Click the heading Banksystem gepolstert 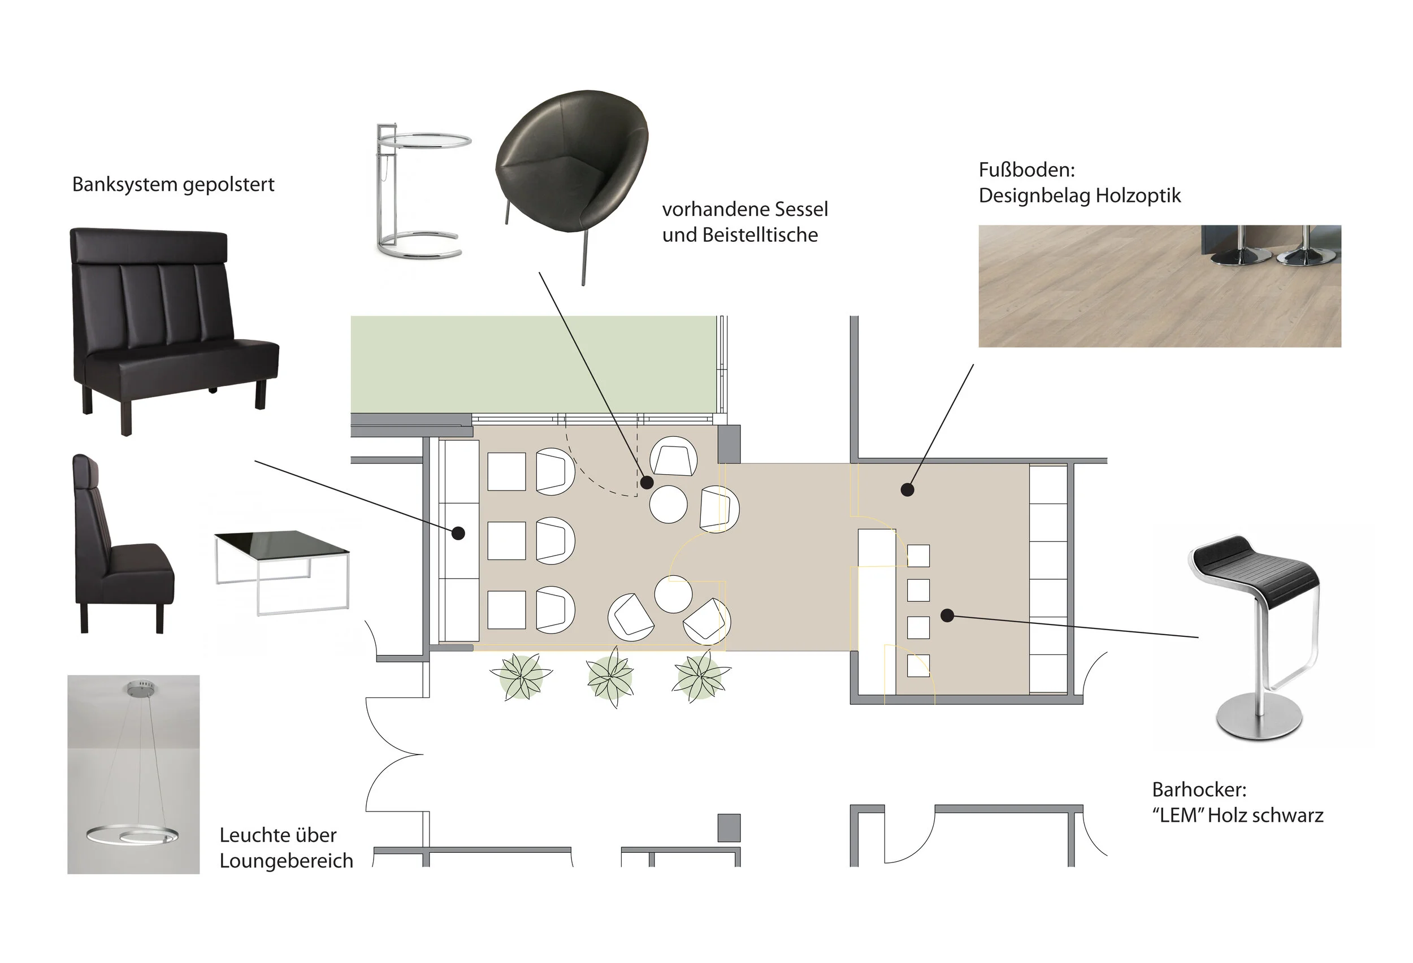click(174, 184)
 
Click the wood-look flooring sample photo click(1159, 287)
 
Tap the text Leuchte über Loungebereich click(287, 848)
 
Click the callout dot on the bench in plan click(458, 533)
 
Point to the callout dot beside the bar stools click(947, 615)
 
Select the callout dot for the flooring click(908, 489)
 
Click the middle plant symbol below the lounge click(610, 676)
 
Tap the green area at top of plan click(534, 364)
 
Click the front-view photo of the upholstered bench click(174, 331)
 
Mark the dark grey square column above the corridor click(730, 444)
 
